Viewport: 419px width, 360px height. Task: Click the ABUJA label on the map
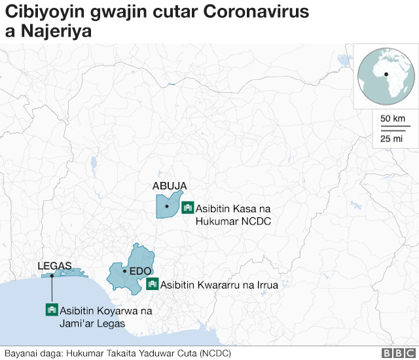point(170,186)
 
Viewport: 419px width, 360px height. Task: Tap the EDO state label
point(141,271)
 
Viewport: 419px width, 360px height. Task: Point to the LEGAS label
point(54,266)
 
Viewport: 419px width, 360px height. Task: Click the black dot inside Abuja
point(167,207)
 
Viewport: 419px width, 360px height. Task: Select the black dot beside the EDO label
point(124,270)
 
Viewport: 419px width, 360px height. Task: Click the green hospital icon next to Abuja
point(187,207)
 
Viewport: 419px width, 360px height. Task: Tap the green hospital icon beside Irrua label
point(153,284)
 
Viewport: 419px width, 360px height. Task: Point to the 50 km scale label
point(393,118)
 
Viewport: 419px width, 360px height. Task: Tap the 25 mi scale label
point(392,138)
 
